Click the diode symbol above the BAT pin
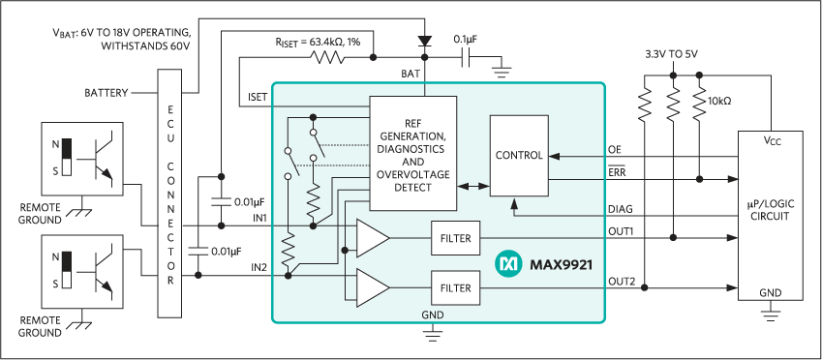(x=423, y=42)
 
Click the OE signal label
(x=614, y=149)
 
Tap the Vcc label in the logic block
(x=771, y=141)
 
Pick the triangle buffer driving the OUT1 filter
(x=372, y=237)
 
